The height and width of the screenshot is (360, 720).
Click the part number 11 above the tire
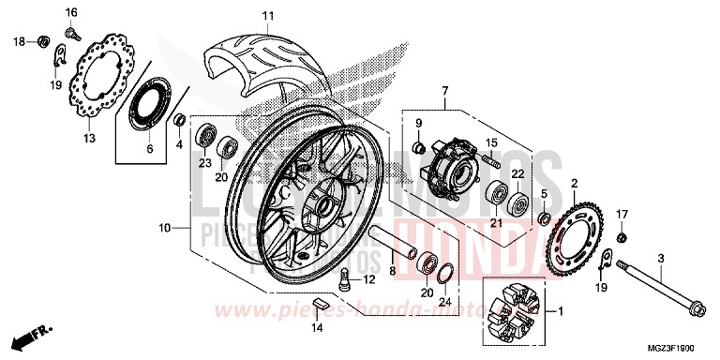pyautogui.click(x=267, y=16)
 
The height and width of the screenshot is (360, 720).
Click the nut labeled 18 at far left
pyautogui.click(x=43, y=40)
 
